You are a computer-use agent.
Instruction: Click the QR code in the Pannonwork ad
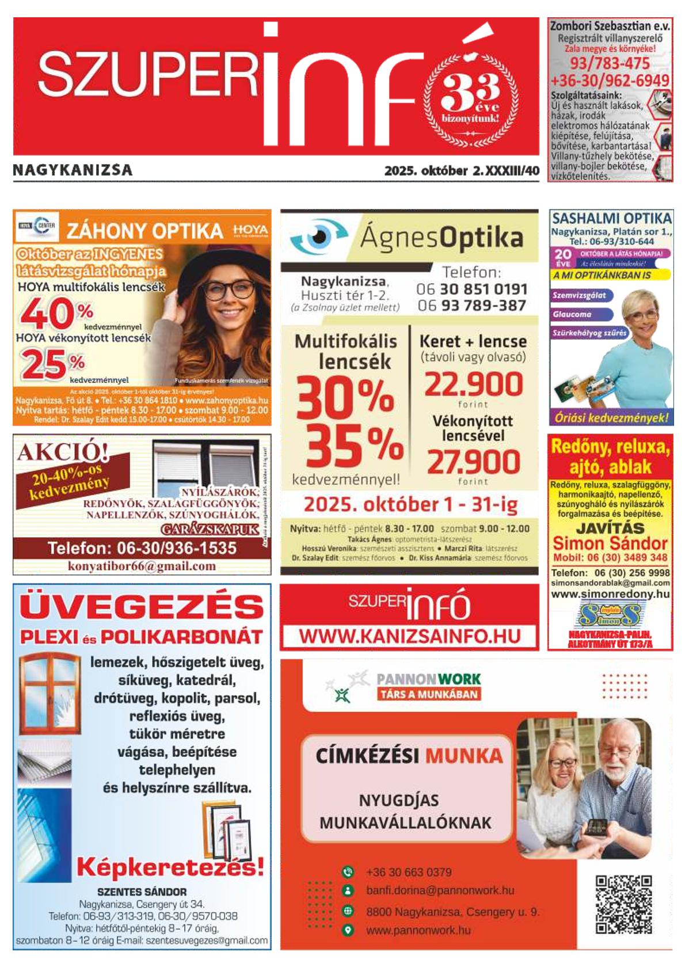point(623,905)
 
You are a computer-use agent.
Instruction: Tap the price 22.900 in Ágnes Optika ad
point(473,384)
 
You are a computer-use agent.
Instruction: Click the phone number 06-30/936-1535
point(142,547)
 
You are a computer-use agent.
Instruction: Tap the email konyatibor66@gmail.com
point(142,566)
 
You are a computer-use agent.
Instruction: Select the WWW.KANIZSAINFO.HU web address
point(409,636)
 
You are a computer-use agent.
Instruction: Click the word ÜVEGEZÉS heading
point(142,607)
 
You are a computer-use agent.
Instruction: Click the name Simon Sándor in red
point(610,543)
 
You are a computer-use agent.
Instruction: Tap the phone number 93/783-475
point(610,63)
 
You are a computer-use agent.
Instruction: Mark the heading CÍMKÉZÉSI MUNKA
point(409,755)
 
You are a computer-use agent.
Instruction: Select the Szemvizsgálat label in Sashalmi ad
point(579,295)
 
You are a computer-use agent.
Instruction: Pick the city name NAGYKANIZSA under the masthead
point(73,170)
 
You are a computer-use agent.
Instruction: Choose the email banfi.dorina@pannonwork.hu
point(440,890)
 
